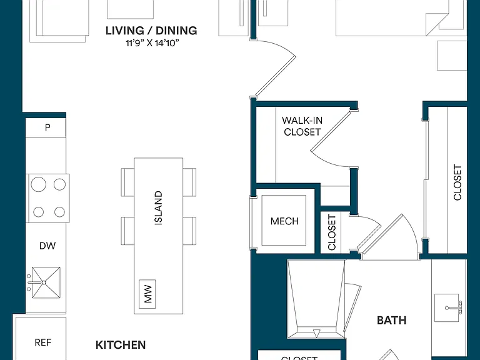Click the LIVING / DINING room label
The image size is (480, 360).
(x=151, y=31)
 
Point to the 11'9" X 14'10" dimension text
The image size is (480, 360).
(x=152, y=43)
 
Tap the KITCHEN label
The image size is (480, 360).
(x=121, y=345)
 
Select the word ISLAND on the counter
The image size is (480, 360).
(x=158, y=208)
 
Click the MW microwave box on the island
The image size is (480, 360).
(x=147, y=294)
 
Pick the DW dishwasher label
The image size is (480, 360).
(x=47, y=246)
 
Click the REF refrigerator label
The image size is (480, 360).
(x=43, y=342)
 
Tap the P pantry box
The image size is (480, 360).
(x=46, y=127)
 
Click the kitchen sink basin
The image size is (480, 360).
(x=46, y=282)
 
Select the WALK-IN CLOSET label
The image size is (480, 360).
(x=302, y=126)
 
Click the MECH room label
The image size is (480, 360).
(x=284, y=221)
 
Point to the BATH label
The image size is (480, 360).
(x=391, y=321)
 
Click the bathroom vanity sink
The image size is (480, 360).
(x=447, y=307)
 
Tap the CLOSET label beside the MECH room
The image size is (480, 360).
(x=332, y=232)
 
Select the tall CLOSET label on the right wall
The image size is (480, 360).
(x=457, y=182)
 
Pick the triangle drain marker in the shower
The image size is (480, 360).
(x=317, y=333)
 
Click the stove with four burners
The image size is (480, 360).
(x=49, y=198)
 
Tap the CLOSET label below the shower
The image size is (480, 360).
(x=299, y=358)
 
